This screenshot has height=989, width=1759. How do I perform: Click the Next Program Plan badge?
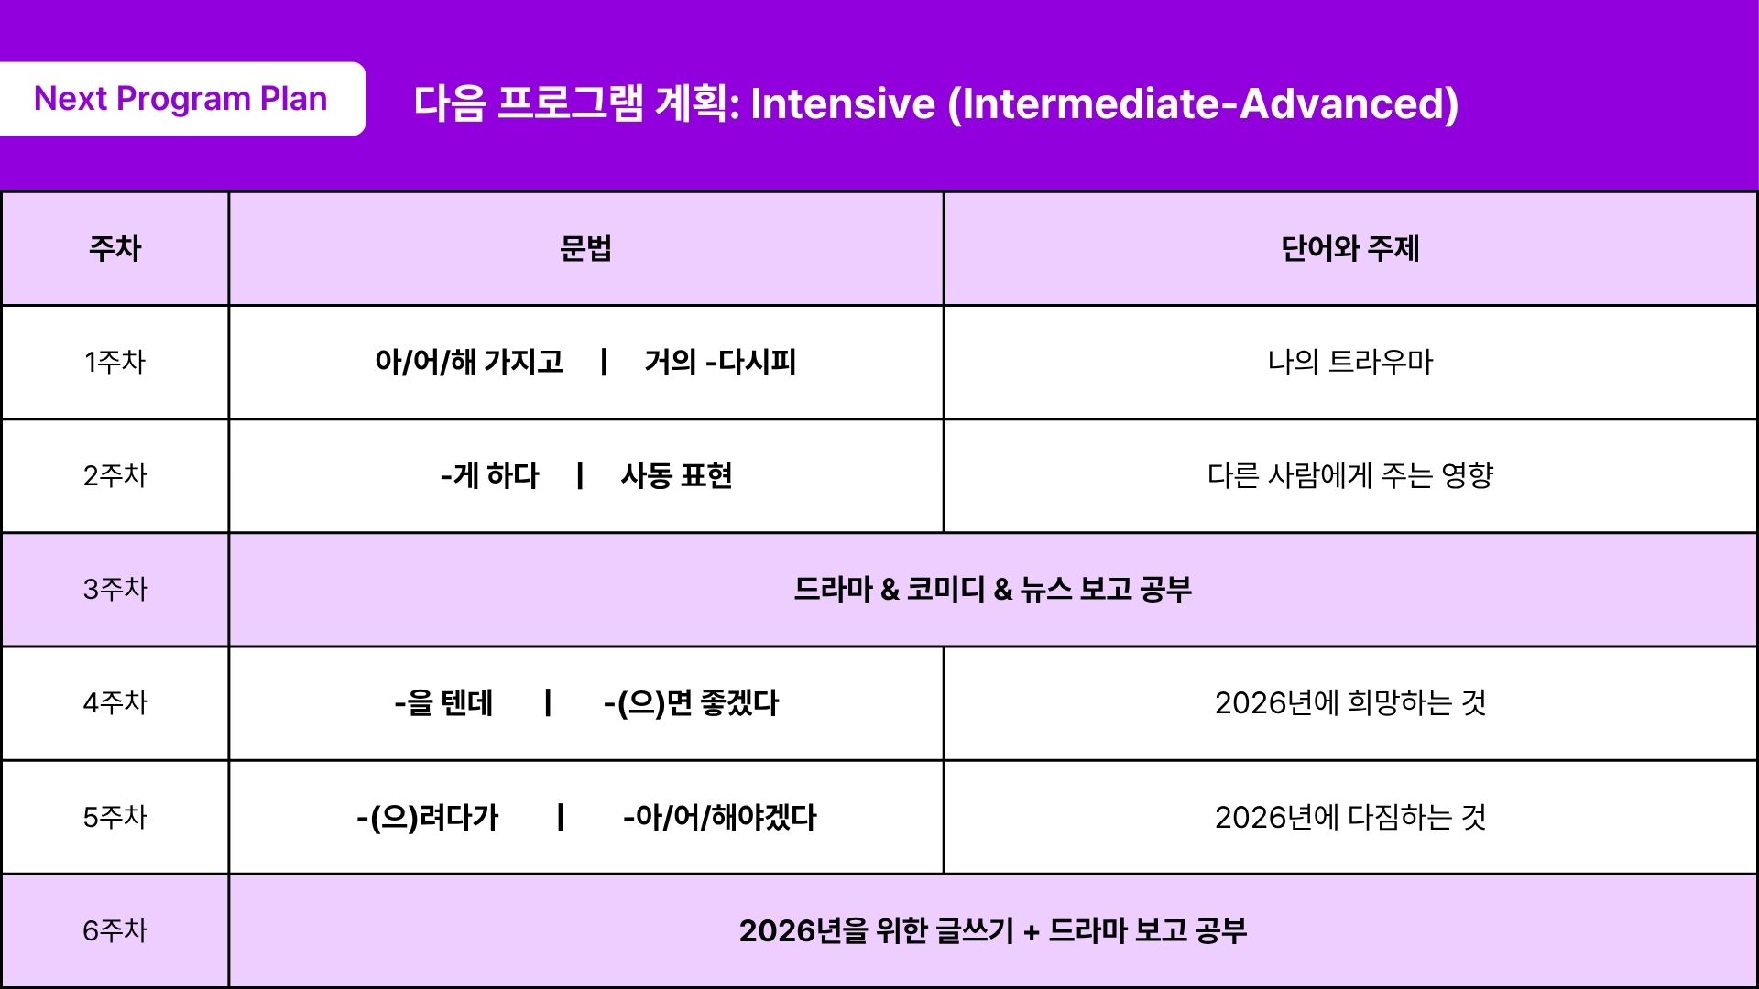coord(181,99)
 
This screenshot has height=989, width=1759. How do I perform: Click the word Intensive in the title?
coord(844,103)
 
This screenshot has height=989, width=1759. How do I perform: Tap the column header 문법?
coord(585,248)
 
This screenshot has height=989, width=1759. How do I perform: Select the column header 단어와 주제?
coord(1350,248)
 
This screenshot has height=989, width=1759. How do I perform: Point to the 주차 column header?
coord(115,248)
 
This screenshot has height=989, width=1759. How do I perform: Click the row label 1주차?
coord(115,362)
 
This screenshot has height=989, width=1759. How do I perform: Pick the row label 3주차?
coord(115,589)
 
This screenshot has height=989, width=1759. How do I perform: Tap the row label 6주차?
coord(115,930)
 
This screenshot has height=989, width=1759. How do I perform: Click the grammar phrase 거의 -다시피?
coord(720,362)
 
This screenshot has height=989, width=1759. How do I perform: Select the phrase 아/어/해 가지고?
coord(469,362)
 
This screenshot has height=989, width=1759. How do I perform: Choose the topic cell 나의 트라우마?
coord(1350,362)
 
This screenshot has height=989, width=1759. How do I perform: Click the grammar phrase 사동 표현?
coord(676,475)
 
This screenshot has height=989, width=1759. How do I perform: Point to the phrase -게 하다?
coord(490,475)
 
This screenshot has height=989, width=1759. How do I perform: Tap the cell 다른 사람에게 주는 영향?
coord(1350,475)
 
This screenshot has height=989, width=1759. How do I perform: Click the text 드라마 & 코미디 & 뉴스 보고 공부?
coord(993,589)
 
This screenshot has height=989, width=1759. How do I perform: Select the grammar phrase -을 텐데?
coord(444,703)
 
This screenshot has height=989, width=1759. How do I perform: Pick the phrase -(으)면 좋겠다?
coord(691,703)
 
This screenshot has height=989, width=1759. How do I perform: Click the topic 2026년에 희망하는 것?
coord(1350,703)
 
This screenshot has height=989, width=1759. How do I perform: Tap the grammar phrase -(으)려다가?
coord(428,817)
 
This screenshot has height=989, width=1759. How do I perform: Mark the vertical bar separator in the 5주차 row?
coord(561,817)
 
